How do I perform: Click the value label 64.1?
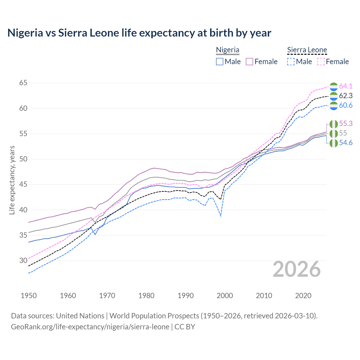click(346, 86)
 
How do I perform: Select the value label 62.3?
click(346, 96)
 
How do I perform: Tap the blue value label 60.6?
click(346, 105)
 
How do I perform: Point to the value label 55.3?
click(346, 124)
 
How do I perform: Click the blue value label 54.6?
click(346, 143)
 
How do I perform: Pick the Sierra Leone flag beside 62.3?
click(333, 96)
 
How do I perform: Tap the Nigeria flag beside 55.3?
click(333, 124)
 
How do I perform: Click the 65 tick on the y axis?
click(23, 83)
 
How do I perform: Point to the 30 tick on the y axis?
click(23, 260)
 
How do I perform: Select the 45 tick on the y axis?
click(23, 184)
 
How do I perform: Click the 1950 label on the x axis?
click(29, 296)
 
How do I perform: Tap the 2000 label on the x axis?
click(225, 296)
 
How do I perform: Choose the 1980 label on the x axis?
click(146, 296)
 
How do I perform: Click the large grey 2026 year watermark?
click(296, 269)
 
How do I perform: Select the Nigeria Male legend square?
click(220, 62)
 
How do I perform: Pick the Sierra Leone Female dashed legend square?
click(321, 62)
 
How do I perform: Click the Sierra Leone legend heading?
click(307, 50)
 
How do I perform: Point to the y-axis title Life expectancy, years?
click(12, 180)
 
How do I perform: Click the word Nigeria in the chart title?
click(25, 33)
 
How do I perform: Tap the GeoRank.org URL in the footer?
click(90, 327)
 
